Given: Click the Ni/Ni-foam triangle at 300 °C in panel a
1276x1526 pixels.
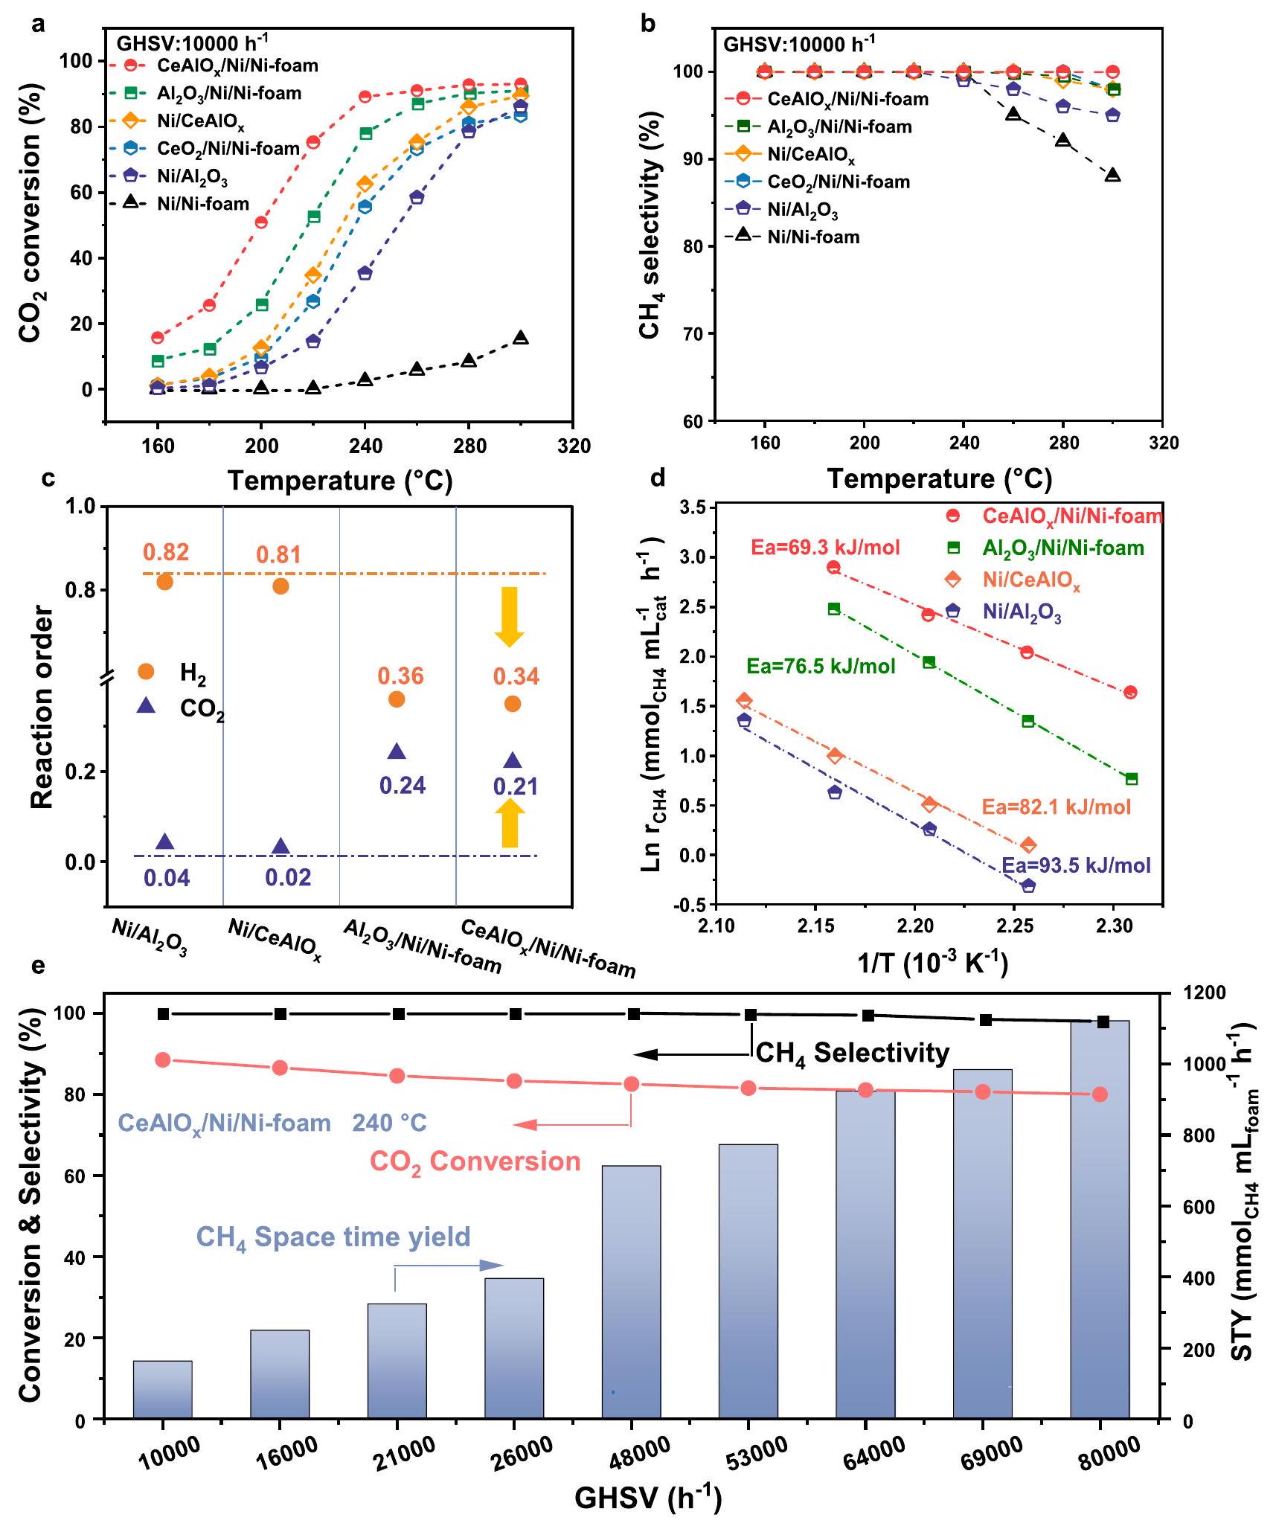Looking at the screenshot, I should [521, 338].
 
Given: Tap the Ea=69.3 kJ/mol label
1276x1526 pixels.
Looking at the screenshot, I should [825, 548].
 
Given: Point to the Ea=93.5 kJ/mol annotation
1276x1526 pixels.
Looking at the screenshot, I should [1076, 865].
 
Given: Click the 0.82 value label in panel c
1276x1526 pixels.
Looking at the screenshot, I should [166, 552].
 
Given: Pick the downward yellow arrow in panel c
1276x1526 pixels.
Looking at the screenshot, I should [510, 616].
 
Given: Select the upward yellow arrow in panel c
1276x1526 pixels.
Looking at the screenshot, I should [510, 823].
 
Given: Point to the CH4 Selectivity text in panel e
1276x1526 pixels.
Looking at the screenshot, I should [853, 1054].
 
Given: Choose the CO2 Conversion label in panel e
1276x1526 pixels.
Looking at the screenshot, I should [475, 1162].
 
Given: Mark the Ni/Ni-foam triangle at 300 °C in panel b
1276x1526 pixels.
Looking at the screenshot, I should [1112, 176].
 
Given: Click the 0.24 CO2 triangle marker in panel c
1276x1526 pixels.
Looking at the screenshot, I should [397, 751].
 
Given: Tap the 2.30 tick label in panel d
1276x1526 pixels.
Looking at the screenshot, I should [1113, 926].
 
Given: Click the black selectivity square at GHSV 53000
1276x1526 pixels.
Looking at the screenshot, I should [751, 1015].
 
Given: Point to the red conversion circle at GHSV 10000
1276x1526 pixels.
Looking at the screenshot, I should [164, 1060].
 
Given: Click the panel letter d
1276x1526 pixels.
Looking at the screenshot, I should [658, 477].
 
